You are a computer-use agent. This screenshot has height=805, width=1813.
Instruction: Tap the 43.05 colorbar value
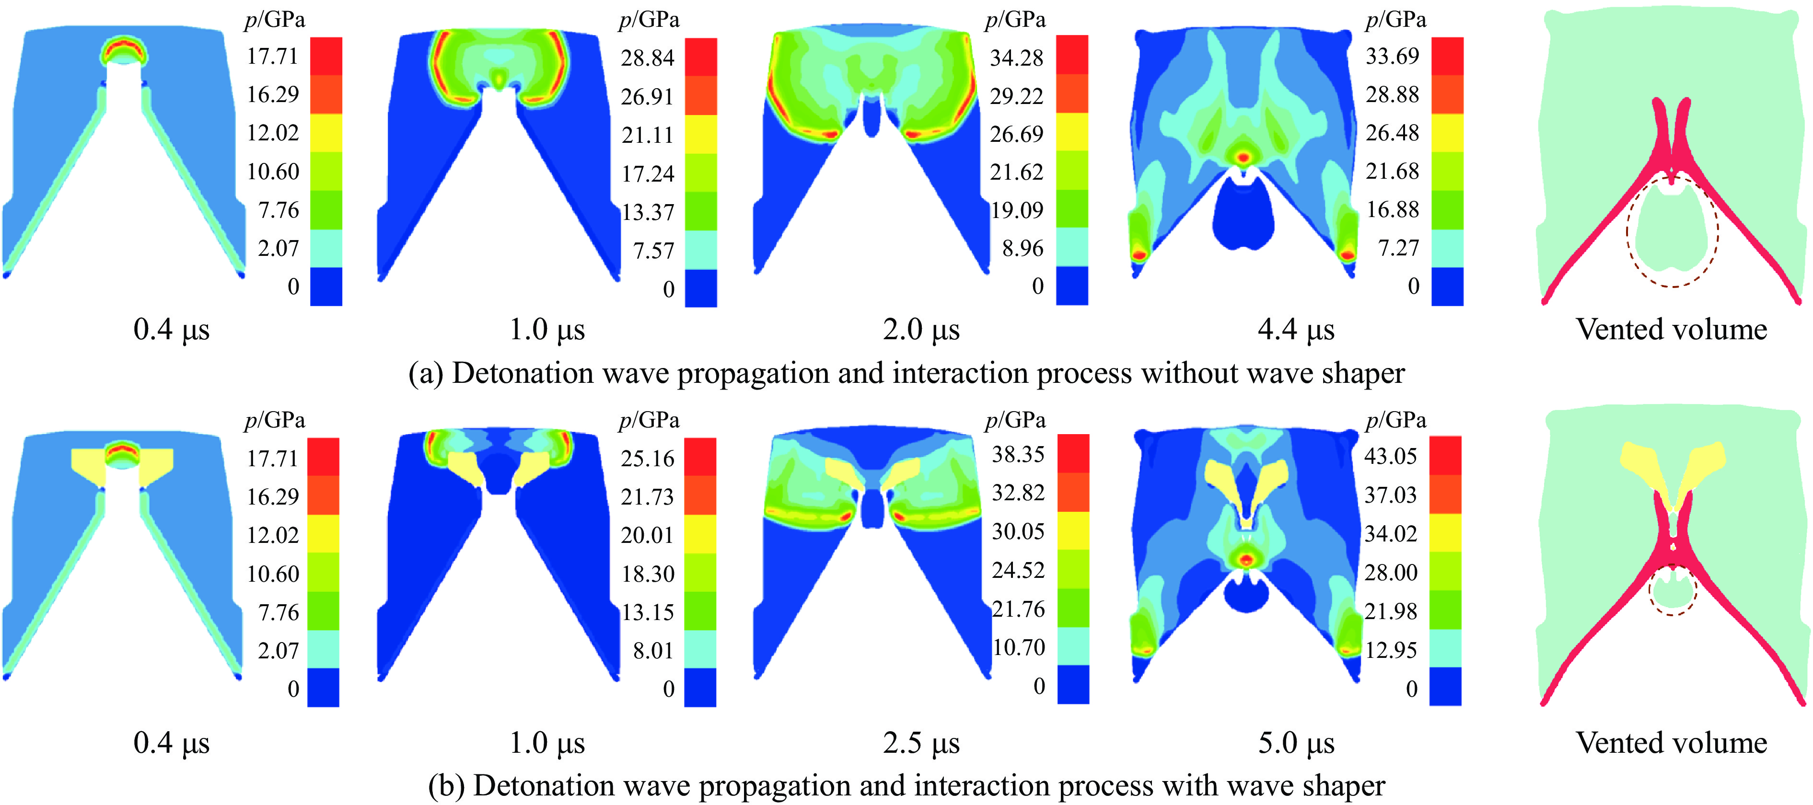point(1390,456)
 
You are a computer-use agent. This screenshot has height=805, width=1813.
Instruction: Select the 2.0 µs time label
point(921,329)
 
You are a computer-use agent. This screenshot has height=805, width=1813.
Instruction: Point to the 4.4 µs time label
point(1296,329)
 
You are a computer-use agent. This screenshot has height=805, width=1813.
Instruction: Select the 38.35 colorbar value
point(1018,455)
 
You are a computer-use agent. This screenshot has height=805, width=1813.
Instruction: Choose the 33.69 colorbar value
point(1392,56)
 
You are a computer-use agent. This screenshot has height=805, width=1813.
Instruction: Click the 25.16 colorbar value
point(647,458)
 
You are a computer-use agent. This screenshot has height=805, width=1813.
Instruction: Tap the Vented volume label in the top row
point(1671,329)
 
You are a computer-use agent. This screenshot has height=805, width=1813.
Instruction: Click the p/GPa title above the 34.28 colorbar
point(1015,20)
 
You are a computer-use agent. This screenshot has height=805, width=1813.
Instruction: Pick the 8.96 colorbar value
point(1023,248)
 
